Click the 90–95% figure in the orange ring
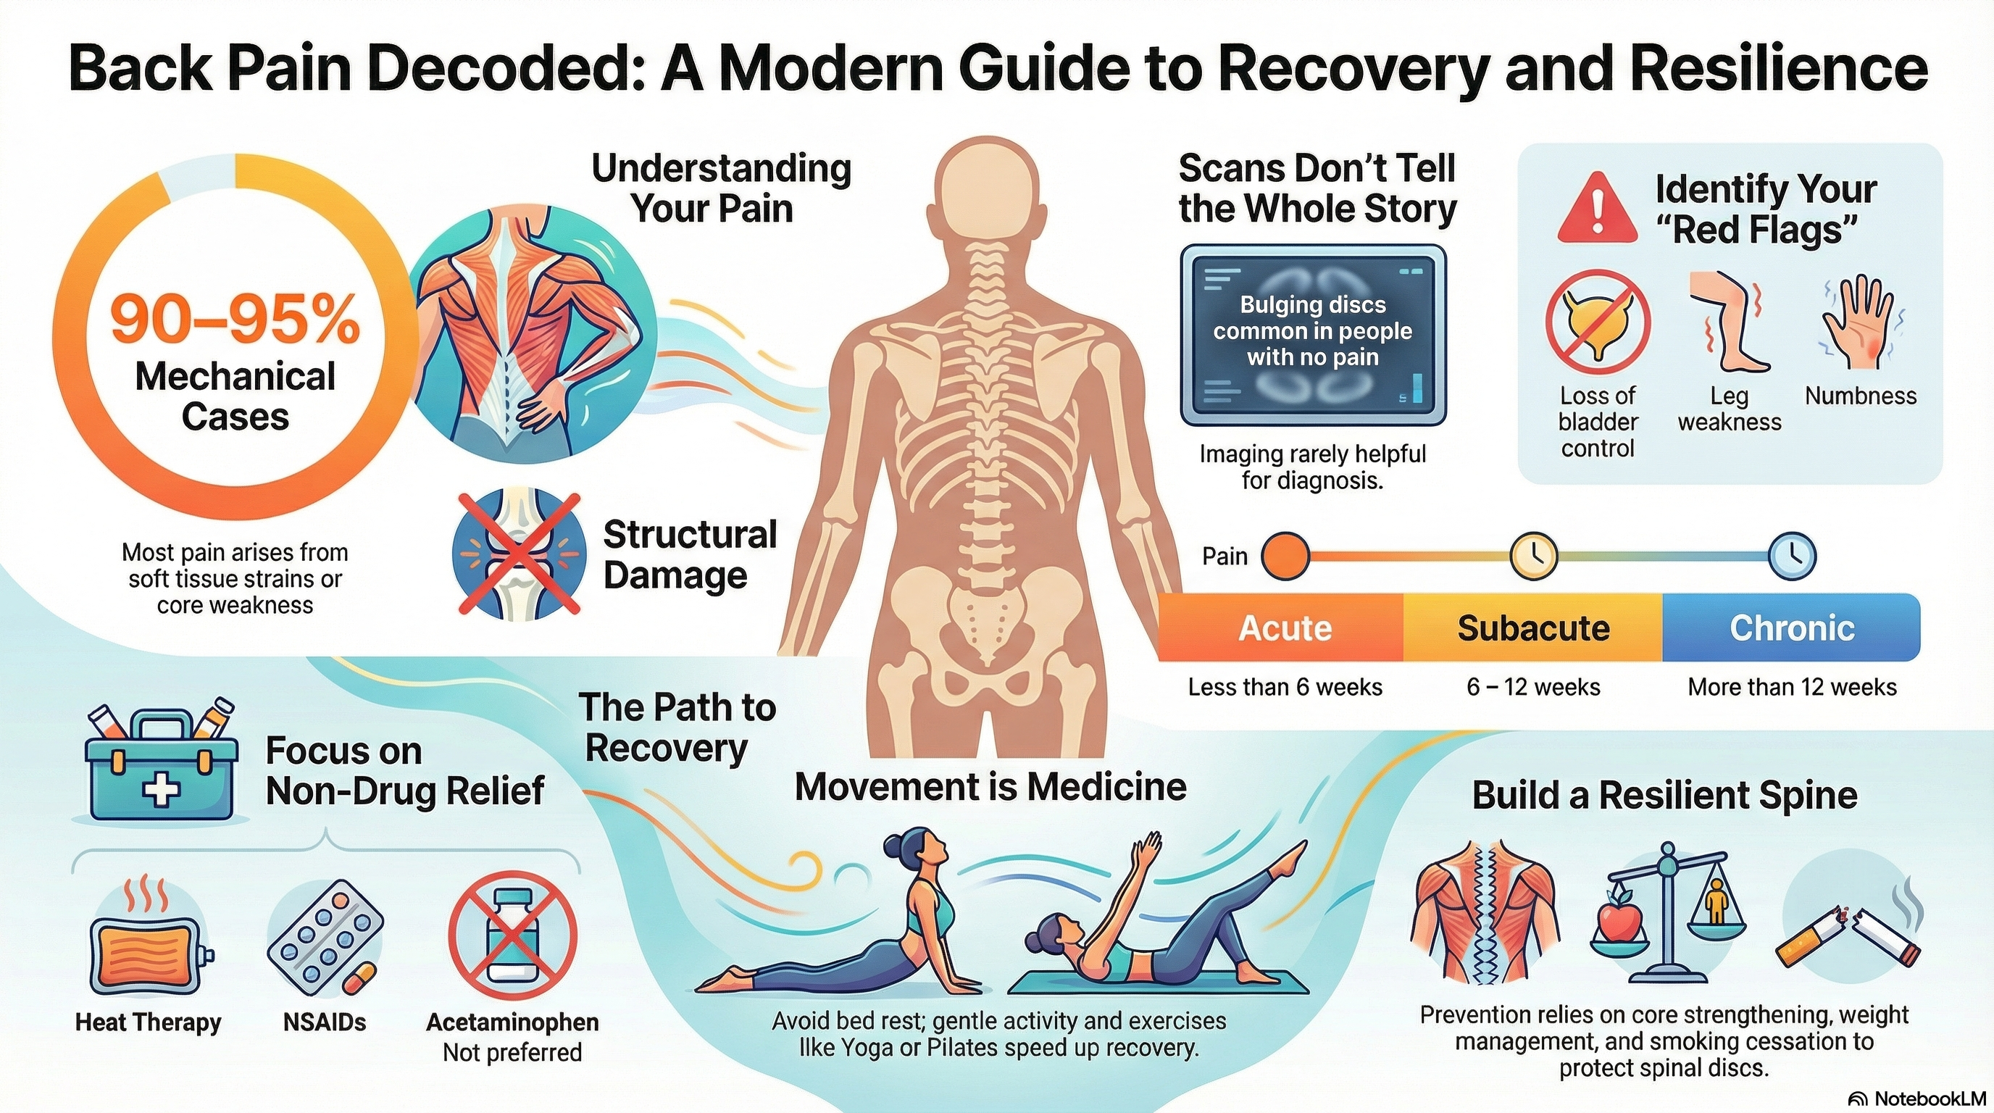(235, 320)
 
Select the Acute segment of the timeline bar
(1285, 628)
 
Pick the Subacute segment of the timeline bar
(1532, 628)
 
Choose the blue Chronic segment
(1791, 628)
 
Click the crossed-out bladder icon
(1598, 322)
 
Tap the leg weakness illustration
(1729, 322)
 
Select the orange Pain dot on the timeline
(1285, 556)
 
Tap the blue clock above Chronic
(1793, 556)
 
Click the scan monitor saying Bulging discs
(1313, 334)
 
